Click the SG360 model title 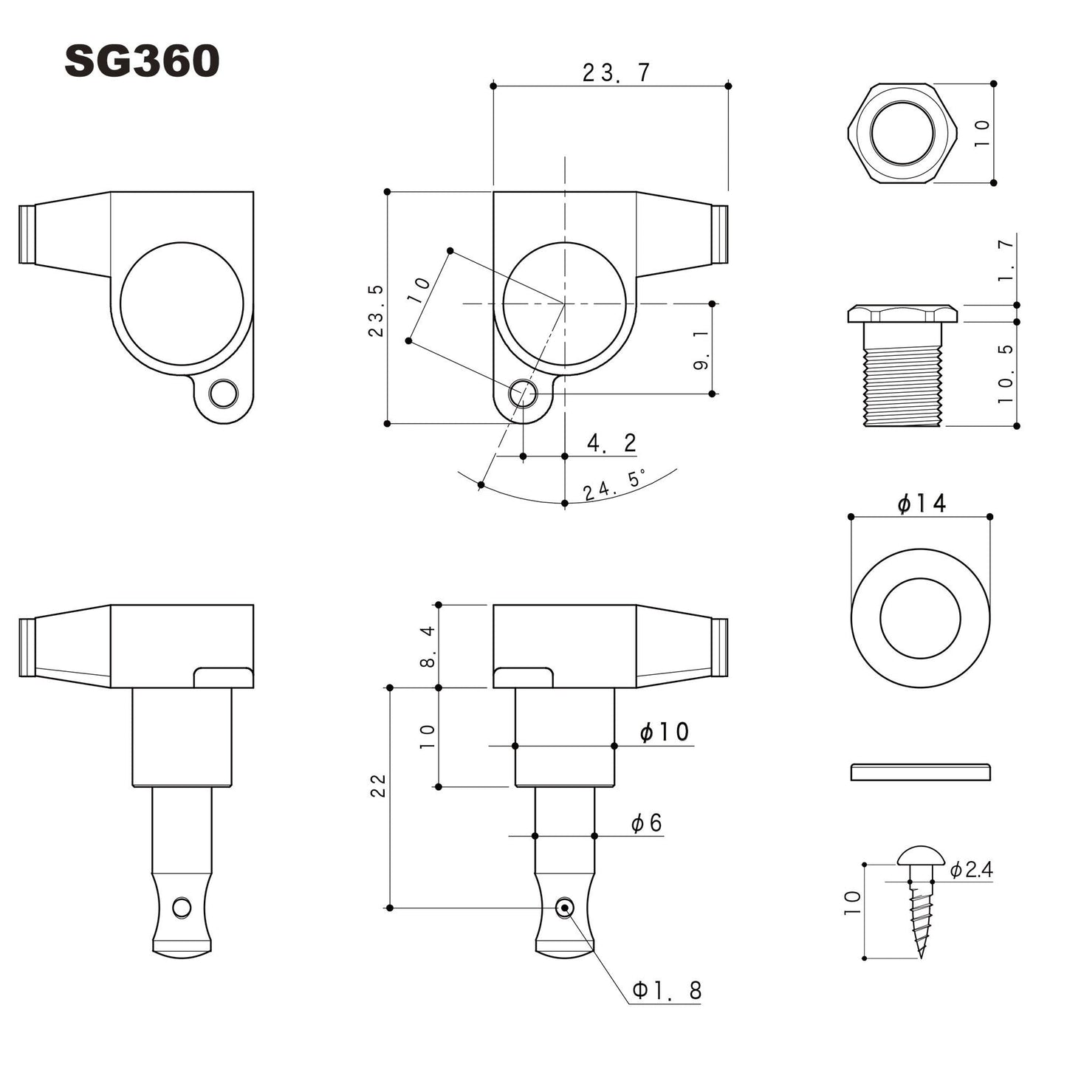click(x=142, y=61)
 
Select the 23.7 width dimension click(x=616, y=72)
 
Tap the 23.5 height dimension click(x=377, y=311)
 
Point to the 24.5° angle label click(x=614, y=486)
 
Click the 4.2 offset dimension click(x=611, y=442)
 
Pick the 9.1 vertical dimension click(x=701, y=349)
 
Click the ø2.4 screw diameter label click(x=971, y=869)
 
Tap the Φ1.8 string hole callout click(x=666, y=989)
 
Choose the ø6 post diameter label click(x=646, y=823)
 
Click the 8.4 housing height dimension click(x=428, y=646)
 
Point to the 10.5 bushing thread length click(x=1006, y=374)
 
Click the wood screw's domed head click(x=921, y=857)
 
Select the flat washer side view click(x=920, y=772)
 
